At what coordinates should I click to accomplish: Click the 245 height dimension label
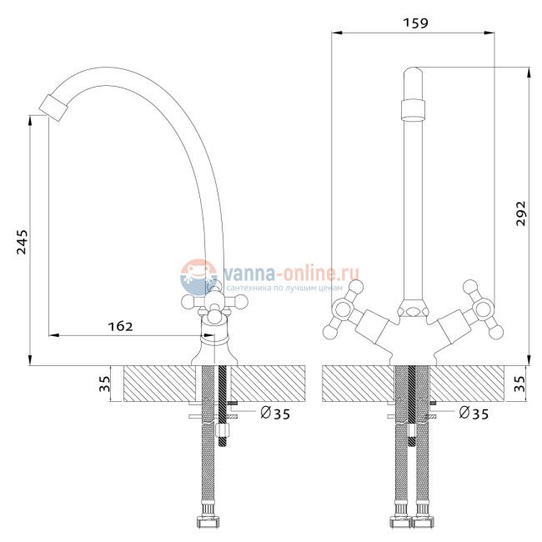coord(22,242)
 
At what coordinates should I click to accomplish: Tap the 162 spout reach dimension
coord(120,326)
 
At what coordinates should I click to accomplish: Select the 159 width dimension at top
coord(415,23)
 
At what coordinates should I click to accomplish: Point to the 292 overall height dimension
coord(520,213)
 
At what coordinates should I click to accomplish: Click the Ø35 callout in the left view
coord(275,413)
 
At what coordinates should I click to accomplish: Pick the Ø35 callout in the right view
coord(474,413)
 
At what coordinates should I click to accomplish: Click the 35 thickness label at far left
coord(104,384)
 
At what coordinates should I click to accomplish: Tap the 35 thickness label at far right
coord(519,384)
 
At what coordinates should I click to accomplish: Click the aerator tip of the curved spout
coord(53,108)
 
